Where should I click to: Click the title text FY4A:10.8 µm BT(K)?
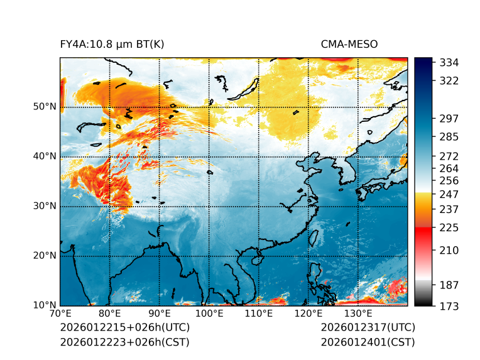point(112,44)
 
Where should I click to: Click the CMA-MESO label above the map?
point(349,44)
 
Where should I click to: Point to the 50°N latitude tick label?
point(45,107)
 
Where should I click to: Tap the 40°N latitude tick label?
point(45,156)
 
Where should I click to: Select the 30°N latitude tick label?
point(45,206)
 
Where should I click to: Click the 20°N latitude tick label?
point(45,256)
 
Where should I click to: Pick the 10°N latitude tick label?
point(45,305)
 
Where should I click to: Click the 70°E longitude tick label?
point(60,314)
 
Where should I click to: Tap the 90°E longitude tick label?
point(160,314)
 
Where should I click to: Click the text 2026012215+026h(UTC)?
point(124,328)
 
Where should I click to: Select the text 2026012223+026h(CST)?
point(124,342)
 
